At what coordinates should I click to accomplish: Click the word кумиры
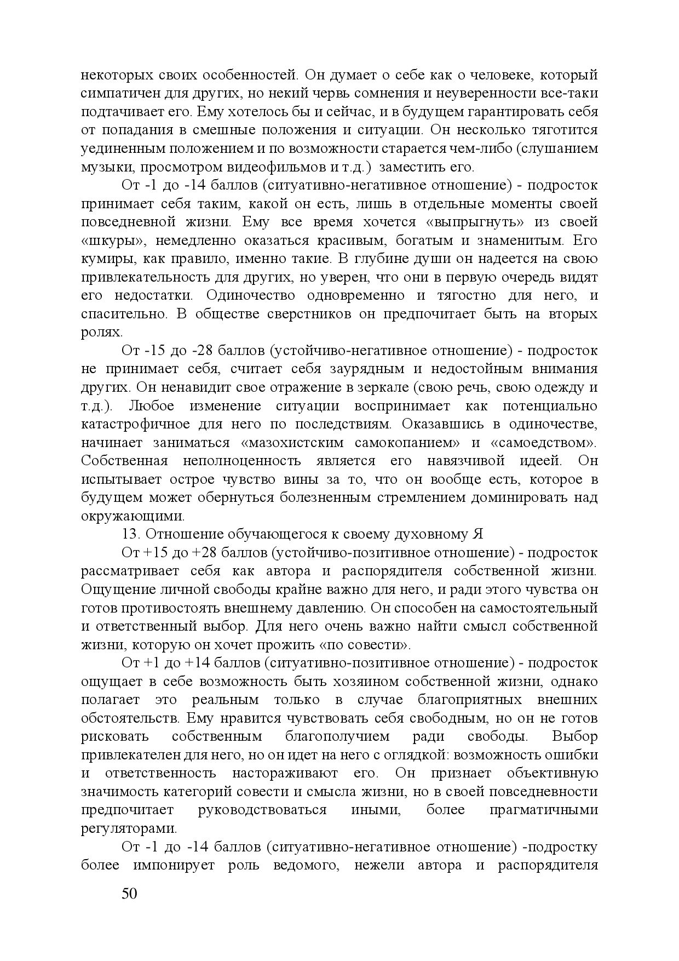(107, 259)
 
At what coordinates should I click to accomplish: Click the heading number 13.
(131, 535)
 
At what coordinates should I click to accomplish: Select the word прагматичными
(543, 810)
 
